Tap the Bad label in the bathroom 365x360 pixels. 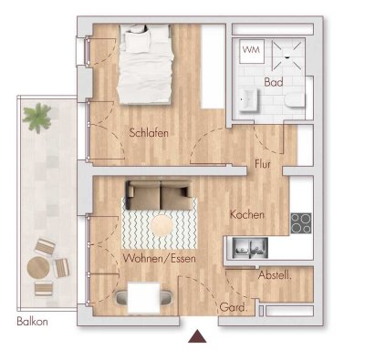tap(274, 82)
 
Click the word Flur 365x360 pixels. tap(264, 166)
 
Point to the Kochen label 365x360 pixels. tap(247, 215)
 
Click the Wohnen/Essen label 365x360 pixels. tap(160, 261)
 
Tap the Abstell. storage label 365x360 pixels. tap(274, 276)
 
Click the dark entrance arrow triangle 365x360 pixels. tap(194, 339)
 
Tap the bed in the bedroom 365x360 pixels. tap(144, 64)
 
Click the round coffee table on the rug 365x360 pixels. tap(163, 223)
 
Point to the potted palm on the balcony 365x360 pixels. tap(38, 116)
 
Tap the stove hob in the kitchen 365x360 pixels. tap(301, 221)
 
